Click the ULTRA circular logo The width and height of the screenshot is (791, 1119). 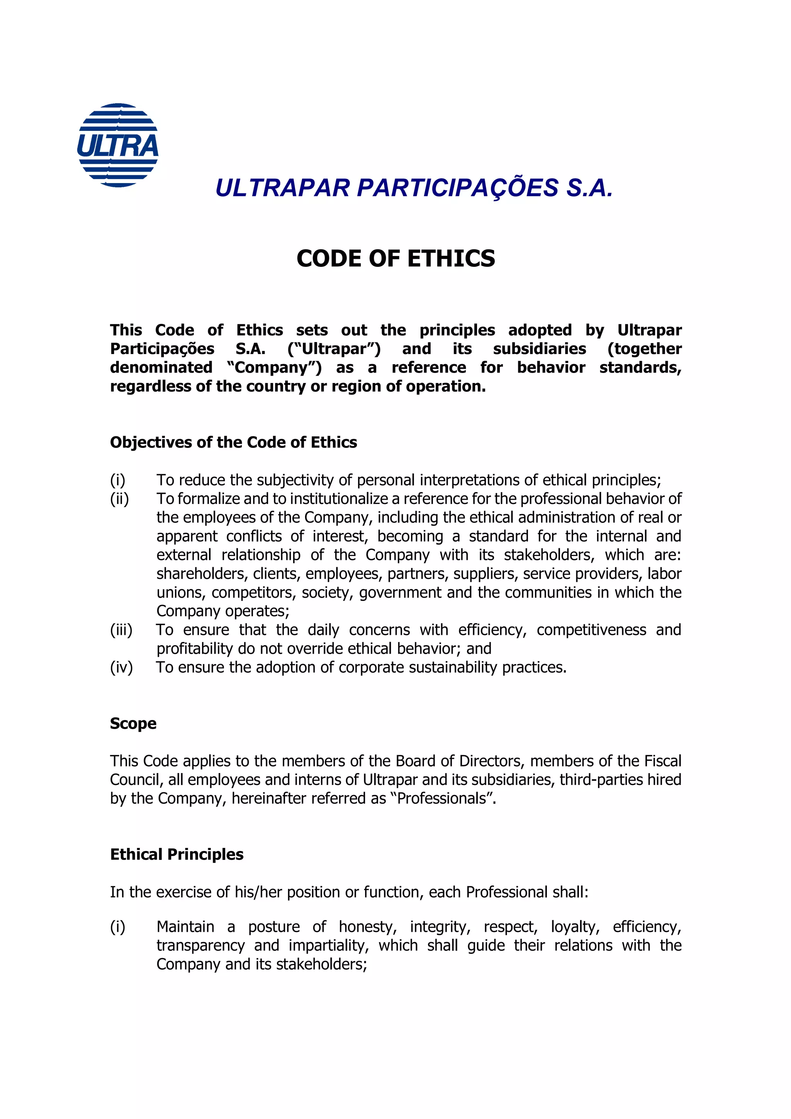point(118,145)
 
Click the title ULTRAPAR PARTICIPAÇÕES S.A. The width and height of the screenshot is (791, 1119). point(414,188)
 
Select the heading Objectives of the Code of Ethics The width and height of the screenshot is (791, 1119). point(233,442)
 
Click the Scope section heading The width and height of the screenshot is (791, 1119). point(133,723)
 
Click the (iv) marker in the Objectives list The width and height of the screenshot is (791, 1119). point(121,667)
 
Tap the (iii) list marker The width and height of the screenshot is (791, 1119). point(121,630)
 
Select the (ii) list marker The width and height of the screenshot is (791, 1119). point(119,498)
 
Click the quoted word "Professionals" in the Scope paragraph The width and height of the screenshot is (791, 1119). point(442,798)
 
